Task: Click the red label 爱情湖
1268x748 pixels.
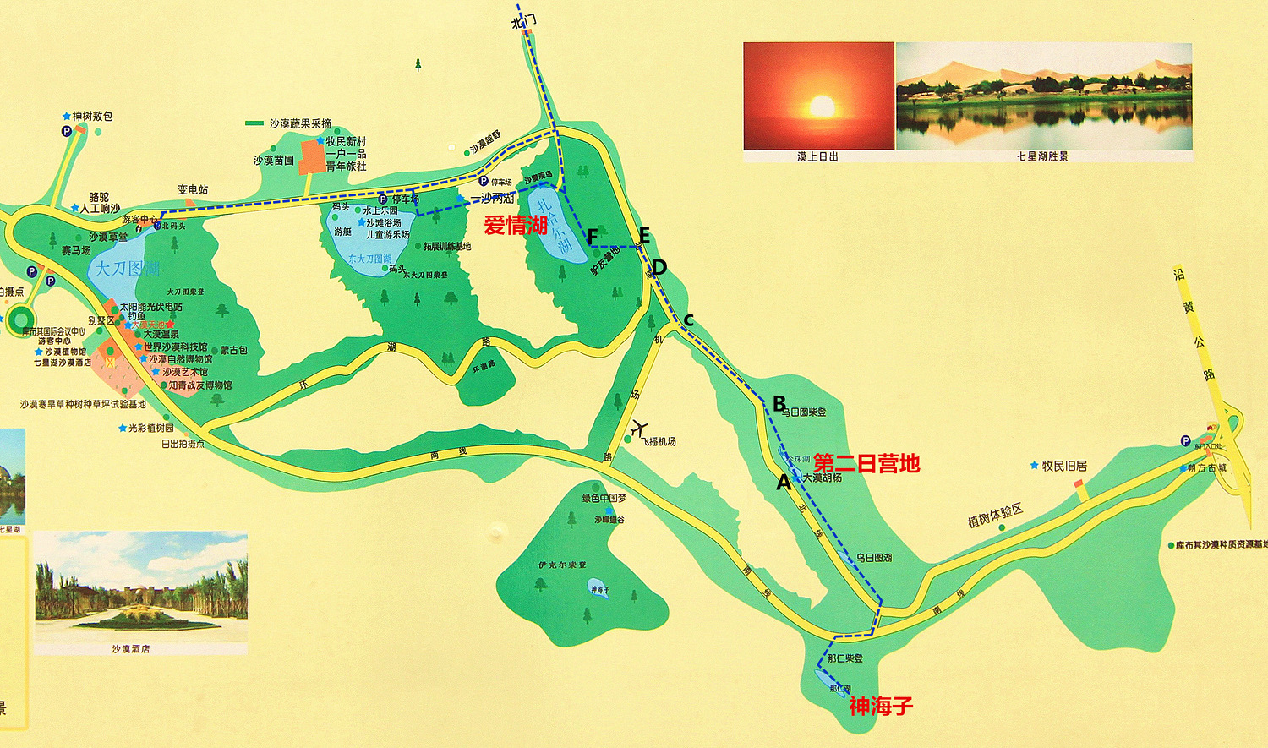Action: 516,225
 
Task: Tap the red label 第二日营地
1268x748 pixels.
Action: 866,463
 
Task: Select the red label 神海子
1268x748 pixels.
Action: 881,706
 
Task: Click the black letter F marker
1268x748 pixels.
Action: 593,237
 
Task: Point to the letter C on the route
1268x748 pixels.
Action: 688,320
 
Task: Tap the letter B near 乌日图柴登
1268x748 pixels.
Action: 779,404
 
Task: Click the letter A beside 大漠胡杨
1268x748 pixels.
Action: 784,483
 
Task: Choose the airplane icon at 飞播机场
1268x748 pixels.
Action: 639,428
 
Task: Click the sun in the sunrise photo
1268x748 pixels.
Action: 822,106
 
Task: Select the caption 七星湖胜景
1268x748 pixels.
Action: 1042,156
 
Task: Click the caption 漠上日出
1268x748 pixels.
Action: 817,156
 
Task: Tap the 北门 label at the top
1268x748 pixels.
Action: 523,21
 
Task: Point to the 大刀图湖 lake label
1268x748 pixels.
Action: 127,269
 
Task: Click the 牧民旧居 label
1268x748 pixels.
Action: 1064,466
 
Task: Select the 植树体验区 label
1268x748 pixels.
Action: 995,515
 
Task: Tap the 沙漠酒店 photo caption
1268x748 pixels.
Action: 130,649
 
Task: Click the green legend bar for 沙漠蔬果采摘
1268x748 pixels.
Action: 254,123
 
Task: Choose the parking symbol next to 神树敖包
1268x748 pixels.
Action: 66,131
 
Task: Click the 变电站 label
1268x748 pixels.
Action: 193,189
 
